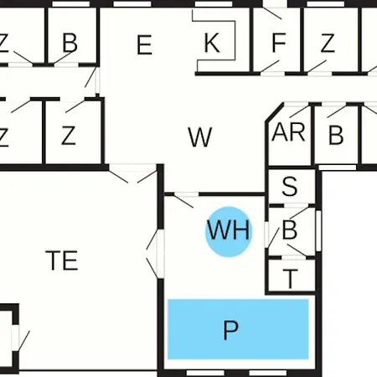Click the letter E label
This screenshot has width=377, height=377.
coord(144,44)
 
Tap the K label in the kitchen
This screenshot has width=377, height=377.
coord(212,43)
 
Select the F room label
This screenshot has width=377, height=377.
coord(279,43)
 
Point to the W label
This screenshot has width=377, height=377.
coord(200,137)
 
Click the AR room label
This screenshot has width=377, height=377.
coord(288,132)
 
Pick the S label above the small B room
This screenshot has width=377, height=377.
coord(290,186)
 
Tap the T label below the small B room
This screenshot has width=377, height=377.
coord(291,279)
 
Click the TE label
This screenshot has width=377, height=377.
coord(62,261)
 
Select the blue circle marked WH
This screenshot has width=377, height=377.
coord(229,231)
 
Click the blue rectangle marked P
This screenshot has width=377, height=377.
coord(238,329)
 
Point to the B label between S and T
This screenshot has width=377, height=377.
coord(290,230)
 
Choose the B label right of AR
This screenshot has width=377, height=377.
coord(336,135)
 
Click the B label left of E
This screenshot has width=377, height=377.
coord(70,43)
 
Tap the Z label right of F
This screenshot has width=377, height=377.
coord(328,43)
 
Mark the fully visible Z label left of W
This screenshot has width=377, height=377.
coord(69,136)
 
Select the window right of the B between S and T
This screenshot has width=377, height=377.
coord(318,230)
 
